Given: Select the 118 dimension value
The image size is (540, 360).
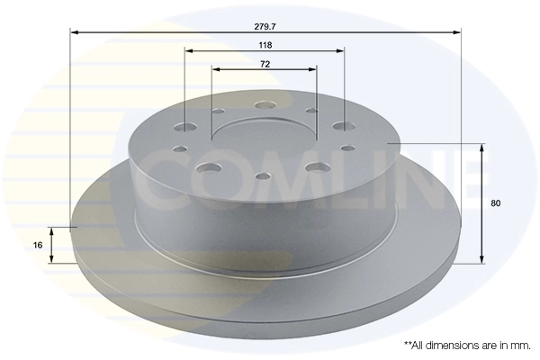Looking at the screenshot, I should pyautogui.click(x=265, y=44).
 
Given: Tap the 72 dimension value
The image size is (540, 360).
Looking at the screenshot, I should pyautogui.click(x=265, y=64).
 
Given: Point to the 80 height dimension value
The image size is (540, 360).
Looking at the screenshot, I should pyautogui.click(x=496, y=203).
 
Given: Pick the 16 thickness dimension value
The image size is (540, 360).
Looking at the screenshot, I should pyautogui.click(x=39, y=244).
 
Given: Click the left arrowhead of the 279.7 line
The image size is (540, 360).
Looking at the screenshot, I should pyautogui.click(x=75, y=32).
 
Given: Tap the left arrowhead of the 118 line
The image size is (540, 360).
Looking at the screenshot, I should pyautogui.click(x=188, y=52).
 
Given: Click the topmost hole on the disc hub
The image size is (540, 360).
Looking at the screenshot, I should pyautogui.click(x=265, y=106).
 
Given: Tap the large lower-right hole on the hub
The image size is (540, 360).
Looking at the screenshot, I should pyautogui.click(x=314, y=167).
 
